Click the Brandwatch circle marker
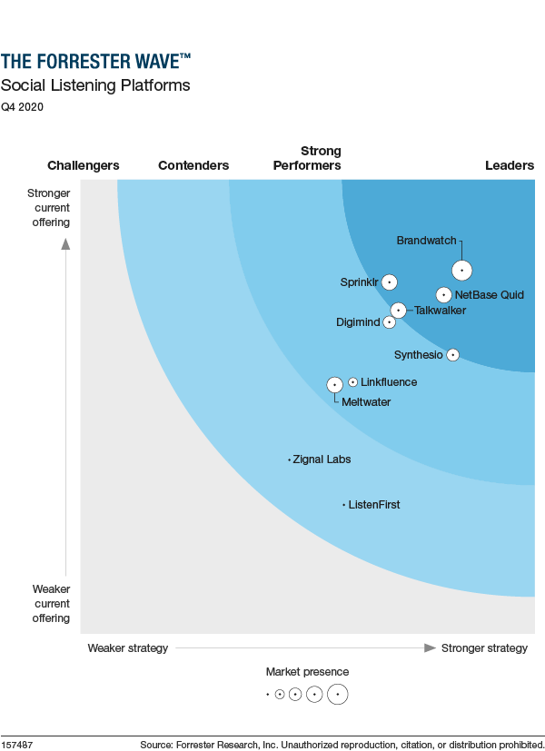pos(462,270)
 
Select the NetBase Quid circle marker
pos(443,294)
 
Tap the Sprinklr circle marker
pos(390,282)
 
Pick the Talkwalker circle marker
pos(398,311)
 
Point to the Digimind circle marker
pos(390,321)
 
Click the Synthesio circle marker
pos(452,354)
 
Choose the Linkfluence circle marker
pos(352,382)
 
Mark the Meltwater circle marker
pos(334,385)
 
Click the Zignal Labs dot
pos(289,459)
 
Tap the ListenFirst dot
pos(344,504)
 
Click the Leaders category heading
pos(509,165)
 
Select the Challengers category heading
pos(83,165)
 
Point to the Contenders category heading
pos(193,165)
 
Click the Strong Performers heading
pos(307,158)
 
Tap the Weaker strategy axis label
pos(127,647)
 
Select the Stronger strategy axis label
pos(484,647)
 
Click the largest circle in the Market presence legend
pos(338,695)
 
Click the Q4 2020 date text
pos(22,106)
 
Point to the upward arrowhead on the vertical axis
pos(65,242)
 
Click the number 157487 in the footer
pos(17,745)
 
